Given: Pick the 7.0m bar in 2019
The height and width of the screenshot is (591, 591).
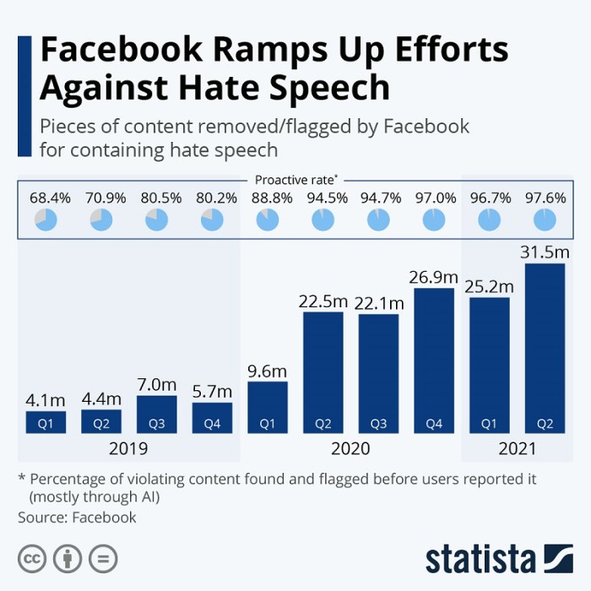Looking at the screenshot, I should pyautogui.click(x=156, y=414).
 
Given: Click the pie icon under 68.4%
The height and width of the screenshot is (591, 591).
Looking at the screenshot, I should pyautogui.click(x=46, y=220).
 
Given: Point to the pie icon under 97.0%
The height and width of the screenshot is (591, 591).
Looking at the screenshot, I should pyautogui.click(x=434, y=220).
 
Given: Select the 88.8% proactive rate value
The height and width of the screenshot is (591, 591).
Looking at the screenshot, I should pyautogui.click(x=268, y=198).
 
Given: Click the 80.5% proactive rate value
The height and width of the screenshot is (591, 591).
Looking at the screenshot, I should pyautogui.click(x=156, y=198).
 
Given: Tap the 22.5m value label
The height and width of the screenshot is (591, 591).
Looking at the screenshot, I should pyautogui.click(x=323, y=301).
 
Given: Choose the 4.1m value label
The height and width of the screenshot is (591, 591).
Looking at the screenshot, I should pyautogui.click(x=46, y=399).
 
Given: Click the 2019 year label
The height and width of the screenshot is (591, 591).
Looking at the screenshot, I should pyautogui.click(x=128, y=447).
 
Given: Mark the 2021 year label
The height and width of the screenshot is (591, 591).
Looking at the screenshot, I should pyautogui.click(x=518, y=447).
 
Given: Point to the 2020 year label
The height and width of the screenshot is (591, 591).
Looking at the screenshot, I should pyautogui.click(x=350, y=447).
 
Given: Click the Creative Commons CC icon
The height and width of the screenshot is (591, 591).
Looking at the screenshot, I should pyautogui.click(x=32, y=558).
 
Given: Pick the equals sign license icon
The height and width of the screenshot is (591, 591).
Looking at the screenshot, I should pyautogui.click(x=103, y=558).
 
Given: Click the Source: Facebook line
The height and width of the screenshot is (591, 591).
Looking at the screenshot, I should pyautogui.click(x=77, y=517).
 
